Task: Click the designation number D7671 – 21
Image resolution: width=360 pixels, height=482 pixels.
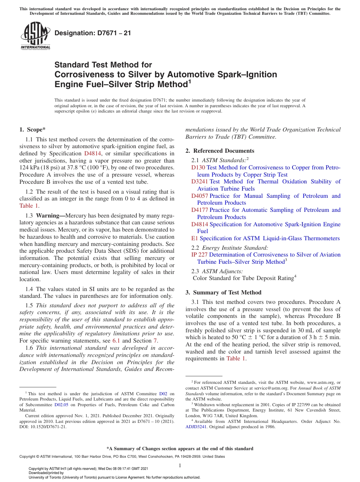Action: click(x=93, y=33)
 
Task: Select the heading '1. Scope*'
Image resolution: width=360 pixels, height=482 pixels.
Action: click(x=33, y=130)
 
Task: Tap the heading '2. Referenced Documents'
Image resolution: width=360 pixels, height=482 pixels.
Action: click(x=220, y=151)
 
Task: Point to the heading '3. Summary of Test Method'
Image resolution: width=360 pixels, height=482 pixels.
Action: click(x=223, y=293)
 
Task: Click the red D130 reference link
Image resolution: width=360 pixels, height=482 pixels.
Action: click(x=198, y=167)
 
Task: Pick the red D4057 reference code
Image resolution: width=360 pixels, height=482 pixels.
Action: click(x=200, y=196)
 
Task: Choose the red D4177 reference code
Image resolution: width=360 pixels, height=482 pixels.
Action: click(x=200, y=210)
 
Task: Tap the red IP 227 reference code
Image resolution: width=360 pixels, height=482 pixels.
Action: click(x=199, y=255)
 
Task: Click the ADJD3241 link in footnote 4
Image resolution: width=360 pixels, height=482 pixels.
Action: click(x=196, y=426)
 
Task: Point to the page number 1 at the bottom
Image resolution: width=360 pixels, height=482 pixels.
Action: click(x=180, y=466)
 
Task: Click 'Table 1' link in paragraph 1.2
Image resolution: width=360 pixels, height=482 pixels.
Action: click(x=29, y=206)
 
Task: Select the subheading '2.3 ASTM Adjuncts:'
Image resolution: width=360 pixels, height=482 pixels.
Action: click(x=217, y=271)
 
